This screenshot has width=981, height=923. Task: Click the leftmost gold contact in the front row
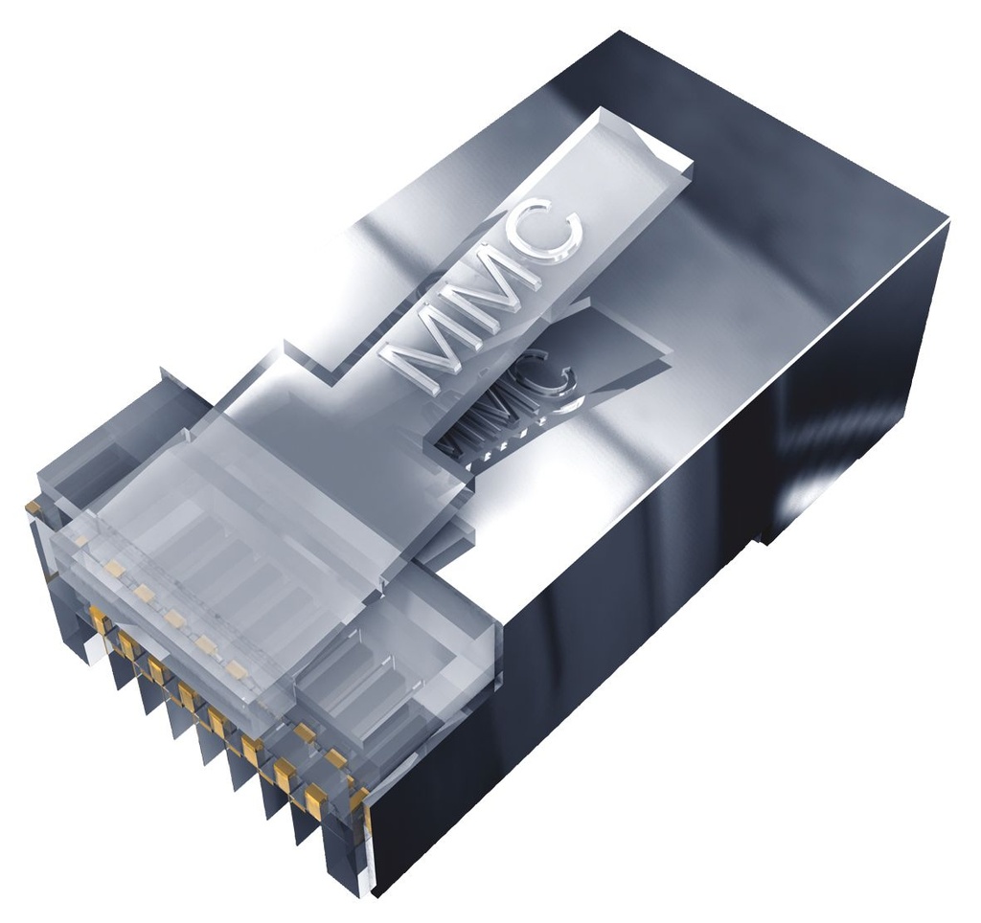(99, 623)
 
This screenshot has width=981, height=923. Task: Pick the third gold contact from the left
(156, 670)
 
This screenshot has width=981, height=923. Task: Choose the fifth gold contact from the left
(217, 721)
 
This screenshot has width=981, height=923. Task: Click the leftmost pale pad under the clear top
(114, 570)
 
